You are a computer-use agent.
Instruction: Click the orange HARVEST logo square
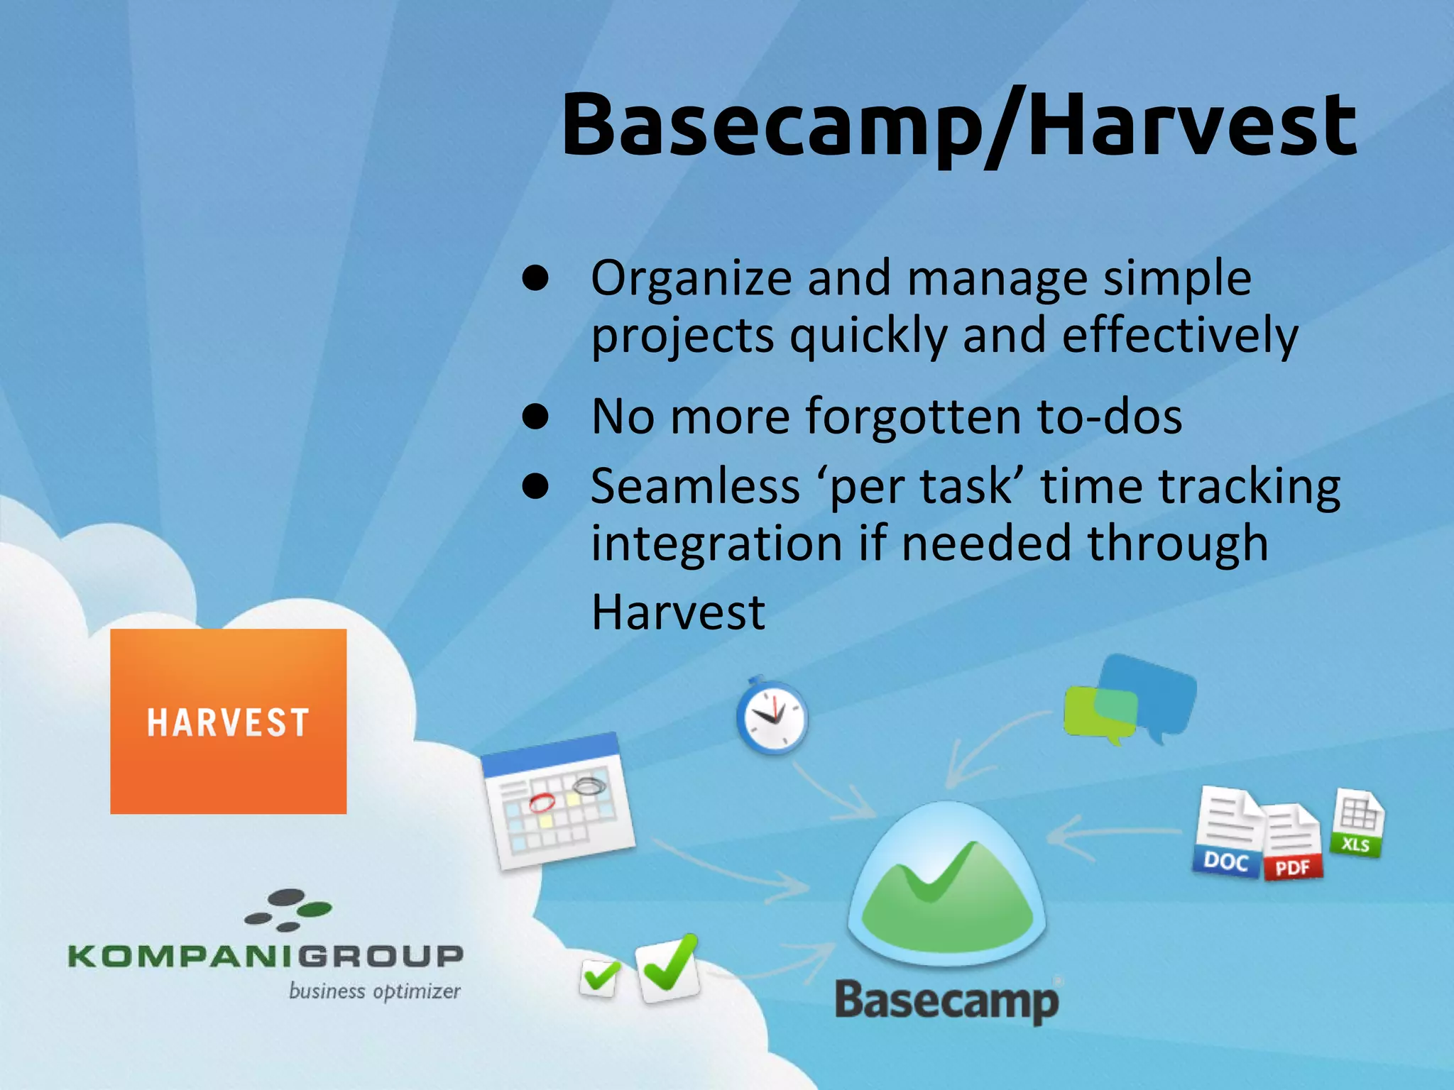pos(228,721)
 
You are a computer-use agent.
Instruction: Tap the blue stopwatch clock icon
pos(772,717)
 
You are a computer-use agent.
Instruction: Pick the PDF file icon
pos(1293,844)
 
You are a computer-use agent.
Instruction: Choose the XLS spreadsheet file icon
pos(1357,823)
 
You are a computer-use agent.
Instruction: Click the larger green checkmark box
pos(667,969)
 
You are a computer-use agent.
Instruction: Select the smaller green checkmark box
pos(599,978)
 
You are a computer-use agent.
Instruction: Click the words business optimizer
pos(374,991)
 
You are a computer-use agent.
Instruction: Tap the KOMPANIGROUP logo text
pos(266,956)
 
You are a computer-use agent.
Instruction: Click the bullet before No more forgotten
pos(535,417)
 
